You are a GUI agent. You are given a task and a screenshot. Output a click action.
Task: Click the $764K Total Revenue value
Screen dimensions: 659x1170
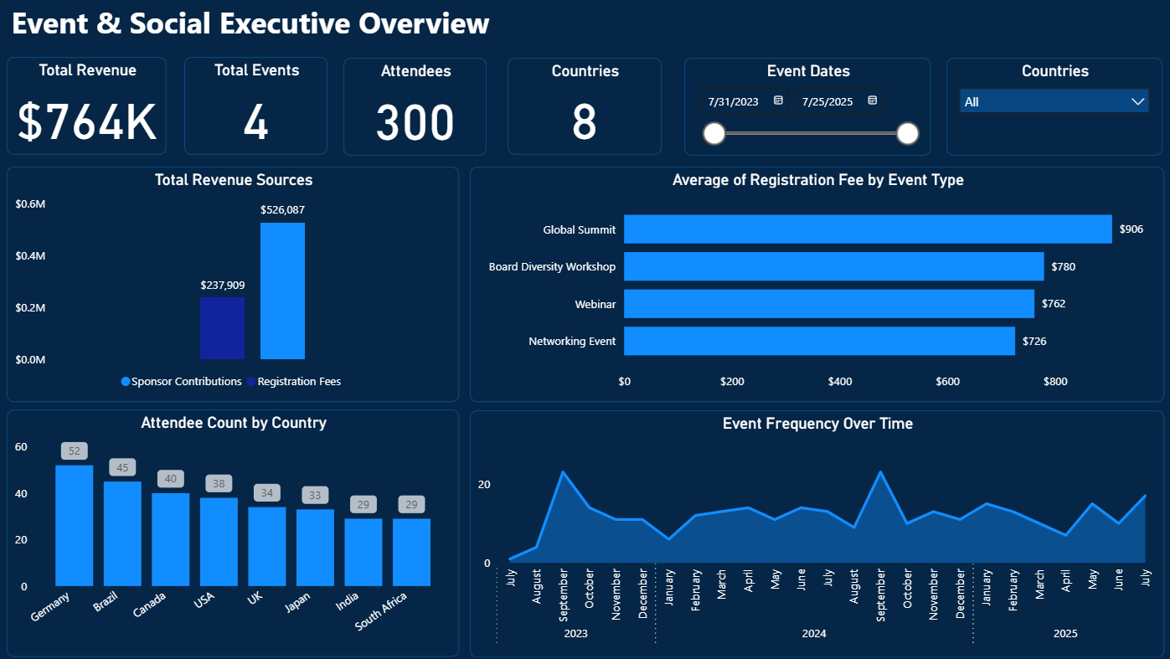87,122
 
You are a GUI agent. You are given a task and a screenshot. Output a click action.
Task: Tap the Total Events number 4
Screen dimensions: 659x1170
255,122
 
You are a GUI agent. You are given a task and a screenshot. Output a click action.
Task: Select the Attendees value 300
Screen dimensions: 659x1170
415,122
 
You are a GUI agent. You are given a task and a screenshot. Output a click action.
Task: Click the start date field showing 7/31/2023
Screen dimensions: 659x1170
734,101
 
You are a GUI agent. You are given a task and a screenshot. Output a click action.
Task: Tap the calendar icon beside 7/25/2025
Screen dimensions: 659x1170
872,100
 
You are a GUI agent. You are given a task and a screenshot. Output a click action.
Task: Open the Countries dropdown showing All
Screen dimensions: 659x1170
1054,101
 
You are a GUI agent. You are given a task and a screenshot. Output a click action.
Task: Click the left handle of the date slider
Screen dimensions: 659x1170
714,133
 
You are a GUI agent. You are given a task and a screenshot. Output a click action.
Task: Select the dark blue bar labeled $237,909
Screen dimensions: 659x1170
222,328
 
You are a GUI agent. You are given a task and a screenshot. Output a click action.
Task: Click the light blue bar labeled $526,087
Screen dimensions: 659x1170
282,291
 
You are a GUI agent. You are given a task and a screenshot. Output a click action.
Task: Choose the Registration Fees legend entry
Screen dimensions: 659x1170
298,382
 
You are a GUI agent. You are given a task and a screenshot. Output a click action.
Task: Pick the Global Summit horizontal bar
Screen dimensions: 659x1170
867,229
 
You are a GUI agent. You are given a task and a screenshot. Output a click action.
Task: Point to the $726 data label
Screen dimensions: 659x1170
1033,342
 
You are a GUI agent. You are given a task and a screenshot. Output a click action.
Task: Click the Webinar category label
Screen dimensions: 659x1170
596,304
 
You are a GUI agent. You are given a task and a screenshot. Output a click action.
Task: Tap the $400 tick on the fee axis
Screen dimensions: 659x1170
839,382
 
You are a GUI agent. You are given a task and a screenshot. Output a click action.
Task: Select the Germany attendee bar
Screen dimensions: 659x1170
74,525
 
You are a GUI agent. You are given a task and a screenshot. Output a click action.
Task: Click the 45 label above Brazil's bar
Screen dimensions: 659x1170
122,467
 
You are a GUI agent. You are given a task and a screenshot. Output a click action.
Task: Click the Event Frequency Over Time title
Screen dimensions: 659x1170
817,424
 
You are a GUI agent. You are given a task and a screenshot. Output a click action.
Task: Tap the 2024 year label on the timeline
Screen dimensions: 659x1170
813,634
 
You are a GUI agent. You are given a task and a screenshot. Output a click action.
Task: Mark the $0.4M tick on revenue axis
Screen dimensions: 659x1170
30,255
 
